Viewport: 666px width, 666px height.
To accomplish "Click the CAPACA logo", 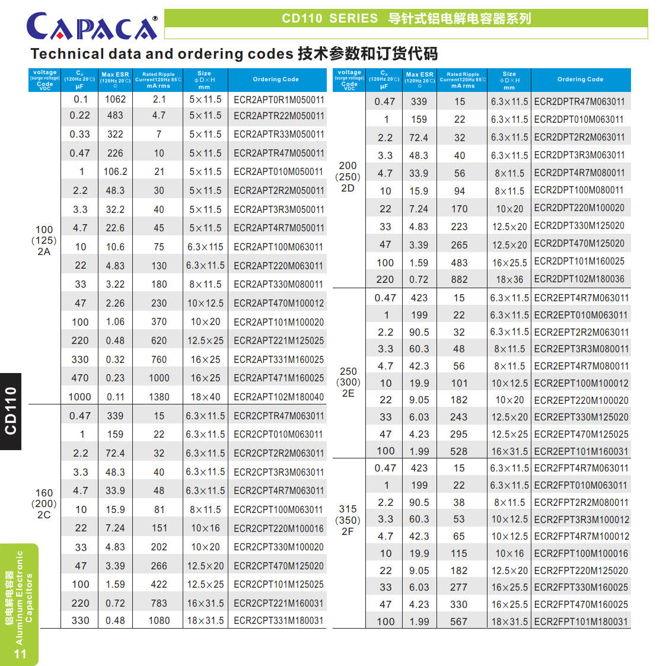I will [x=92, y=26].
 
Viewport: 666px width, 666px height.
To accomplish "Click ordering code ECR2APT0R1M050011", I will [x=279, y=100].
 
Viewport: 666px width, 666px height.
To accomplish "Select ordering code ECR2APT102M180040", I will [x=279, y=397].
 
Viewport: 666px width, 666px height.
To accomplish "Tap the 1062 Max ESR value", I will [x=115, y=99].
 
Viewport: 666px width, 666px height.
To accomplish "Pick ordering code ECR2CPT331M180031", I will [x=279, y=620].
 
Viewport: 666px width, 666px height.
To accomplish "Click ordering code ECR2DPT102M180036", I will [x=579, y=279].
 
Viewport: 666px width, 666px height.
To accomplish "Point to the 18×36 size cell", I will [x=509, y=279].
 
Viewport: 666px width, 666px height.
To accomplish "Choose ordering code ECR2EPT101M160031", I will [x=581, y=451].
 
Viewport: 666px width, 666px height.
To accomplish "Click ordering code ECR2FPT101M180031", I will [x=581, y=622].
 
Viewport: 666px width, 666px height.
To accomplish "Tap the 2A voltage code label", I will [x=44, y=251].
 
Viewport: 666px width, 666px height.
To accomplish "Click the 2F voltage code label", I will [x=348, y=531].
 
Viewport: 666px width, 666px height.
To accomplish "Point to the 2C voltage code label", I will [x=44, y=515].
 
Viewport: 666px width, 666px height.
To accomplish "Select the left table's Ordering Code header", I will [x=276, y=79].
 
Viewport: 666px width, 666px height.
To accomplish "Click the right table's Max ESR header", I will [x=419, y=79].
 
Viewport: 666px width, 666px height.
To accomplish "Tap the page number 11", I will [x=20, y=654].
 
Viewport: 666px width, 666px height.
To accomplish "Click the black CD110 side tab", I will [x=11, y=411].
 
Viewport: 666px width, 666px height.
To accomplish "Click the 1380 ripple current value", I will [x=159, y=397].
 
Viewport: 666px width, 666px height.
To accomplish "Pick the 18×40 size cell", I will [x=205, y=397].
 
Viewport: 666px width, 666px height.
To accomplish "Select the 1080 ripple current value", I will [x=159, y=620].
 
